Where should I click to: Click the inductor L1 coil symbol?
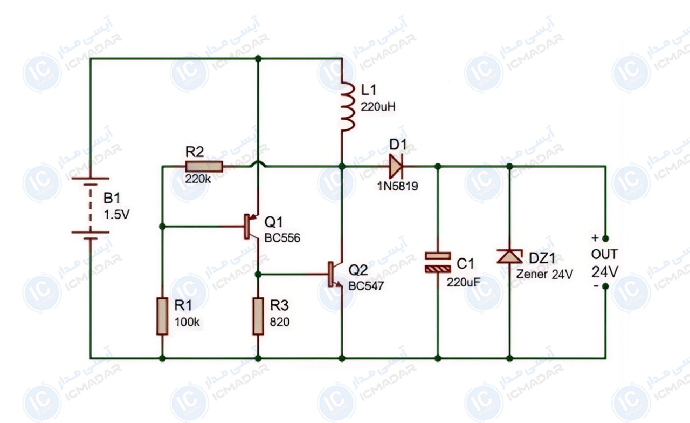tap(348, 106)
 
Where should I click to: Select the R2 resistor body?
tap(204, 167)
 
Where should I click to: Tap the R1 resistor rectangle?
tap(162, 316)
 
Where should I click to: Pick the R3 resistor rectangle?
tap(258, 316)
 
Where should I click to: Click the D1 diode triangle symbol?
tap(396, 167)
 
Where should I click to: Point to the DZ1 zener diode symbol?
tap(509, 256)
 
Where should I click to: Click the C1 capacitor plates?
tap(438, 262)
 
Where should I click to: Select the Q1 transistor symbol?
tap(252, 227)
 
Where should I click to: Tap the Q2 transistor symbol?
tap(335, 274)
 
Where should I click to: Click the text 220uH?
tap(378, 107)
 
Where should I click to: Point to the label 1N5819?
tap(398, 186)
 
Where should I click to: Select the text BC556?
tap(282, 238)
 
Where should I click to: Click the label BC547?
tap(366, 286)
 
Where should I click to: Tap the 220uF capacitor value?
tap(464, 282)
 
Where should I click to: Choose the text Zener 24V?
tap(544, 274)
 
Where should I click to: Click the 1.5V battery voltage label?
tap(116, 215)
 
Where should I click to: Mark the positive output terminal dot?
tap(605, 238)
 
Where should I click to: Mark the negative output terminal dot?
tap(605, 286)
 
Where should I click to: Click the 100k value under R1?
tap(187, 322)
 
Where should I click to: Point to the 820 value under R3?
tap(280, 322)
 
